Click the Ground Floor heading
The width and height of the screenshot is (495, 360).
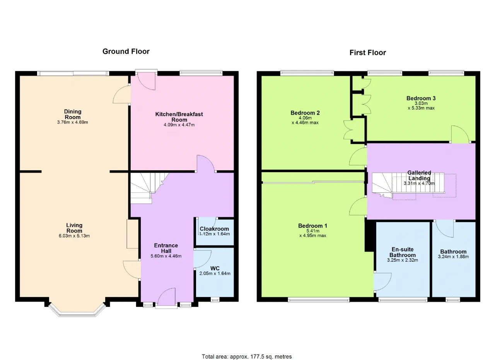[126, 51]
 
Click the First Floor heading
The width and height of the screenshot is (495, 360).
[368, 53]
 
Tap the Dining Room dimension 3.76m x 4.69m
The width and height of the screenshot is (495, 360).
[72, 122]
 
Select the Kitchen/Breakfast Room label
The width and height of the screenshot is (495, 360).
[179, 117]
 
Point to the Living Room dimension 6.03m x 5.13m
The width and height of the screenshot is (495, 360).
[74, 236]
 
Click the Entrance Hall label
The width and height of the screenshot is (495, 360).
[166, 248]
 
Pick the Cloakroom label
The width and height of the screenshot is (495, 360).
[214, 229]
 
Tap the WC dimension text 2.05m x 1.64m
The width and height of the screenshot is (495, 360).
[215, 274]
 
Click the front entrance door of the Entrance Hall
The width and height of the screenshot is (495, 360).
[166, 297]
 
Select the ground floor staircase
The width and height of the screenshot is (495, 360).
[148, 188]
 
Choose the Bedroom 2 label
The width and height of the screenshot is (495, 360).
[305, 113]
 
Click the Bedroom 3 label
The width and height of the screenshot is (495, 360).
[421, 98]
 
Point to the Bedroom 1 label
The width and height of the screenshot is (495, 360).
[312, 226]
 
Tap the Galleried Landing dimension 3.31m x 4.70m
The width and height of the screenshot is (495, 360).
[419, 183]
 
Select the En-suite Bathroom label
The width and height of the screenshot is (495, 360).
[403, 252]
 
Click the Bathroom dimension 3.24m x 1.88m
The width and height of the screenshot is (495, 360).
[453, 257]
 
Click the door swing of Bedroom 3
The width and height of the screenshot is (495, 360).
[460, 134]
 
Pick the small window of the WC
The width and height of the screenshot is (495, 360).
[215, 300]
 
